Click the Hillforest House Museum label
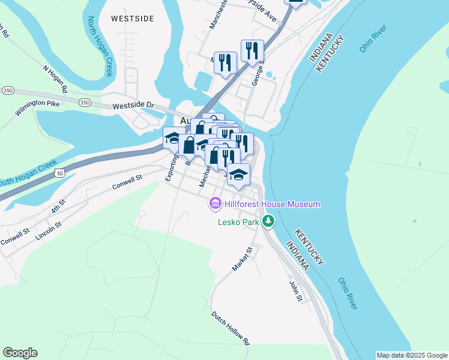coord(273,205)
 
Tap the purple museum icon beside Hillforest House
coord(215,205)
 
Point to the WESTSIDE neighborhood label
coord(132,19)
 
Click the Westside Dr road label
coord(133,106)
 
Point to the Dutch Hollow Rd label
coord(230,328)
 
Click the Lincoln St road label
coord(49,232)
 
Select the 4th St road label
coord(58,206)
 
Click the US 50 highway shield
coord(58,173)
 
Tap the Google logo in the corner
coord(20,353)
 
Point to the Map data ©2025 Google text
coord(412,355)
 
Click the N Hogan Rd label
coord(55,79)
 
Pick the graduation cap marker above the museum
coord(238,175)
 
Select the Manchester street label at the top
coord(218,14)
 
